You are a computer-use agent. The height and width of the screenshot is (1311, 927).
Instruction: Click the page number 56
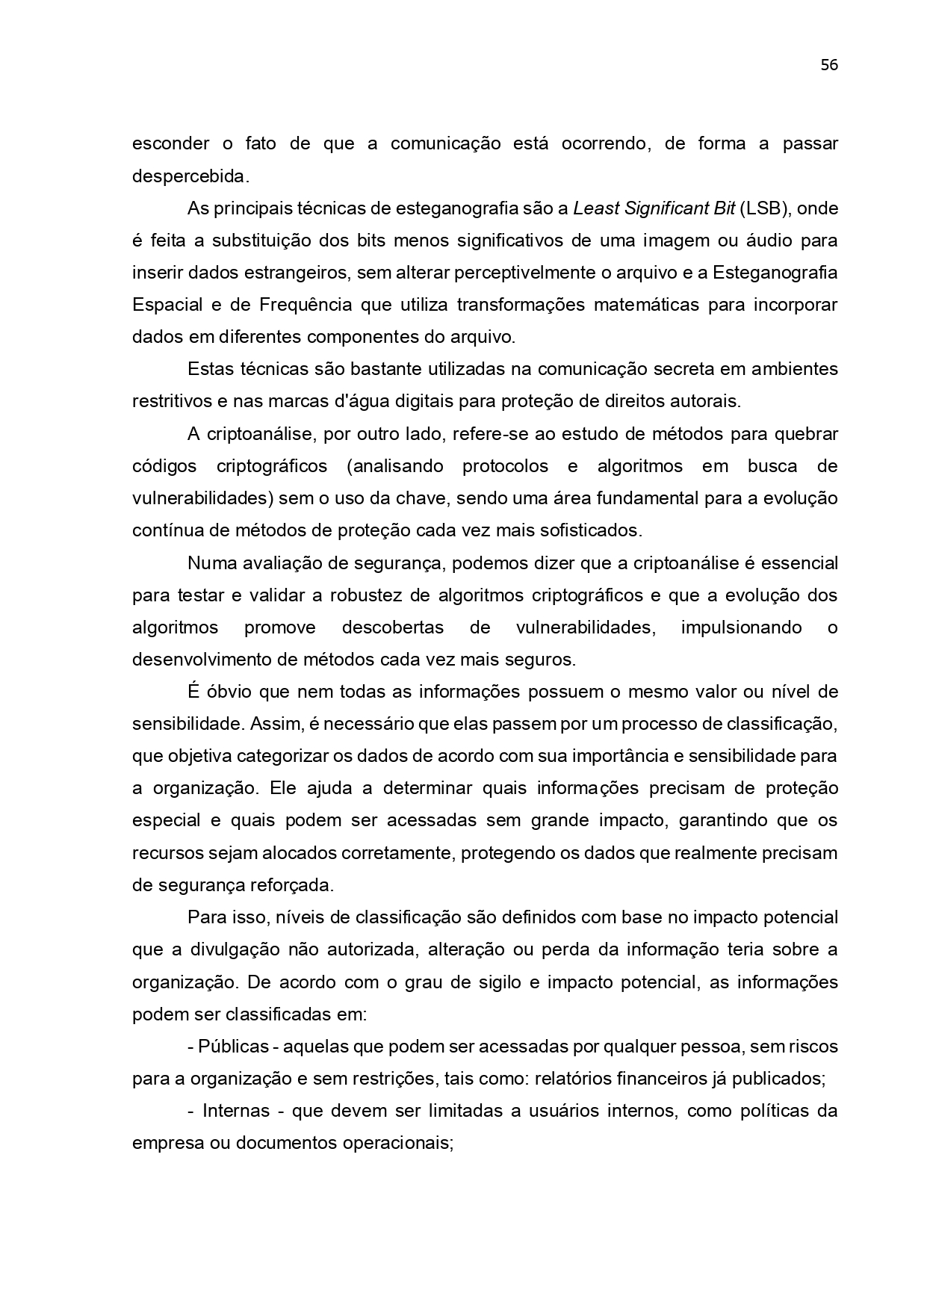point(829,65)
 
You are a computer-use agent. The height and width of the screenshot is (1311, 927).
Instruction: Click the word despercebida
point(188,176)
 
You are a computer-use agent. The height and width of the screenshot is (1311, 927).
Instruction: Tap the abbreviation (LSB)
point(765,208)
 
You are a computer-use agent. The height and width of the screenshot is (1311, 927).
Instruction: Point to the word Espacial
point(167,305)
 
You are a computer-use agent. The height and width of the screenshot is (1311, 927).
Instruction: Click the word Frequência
point(306,305)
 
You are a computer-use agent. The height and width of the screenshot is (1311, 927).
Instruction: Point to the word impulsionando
point(741,627)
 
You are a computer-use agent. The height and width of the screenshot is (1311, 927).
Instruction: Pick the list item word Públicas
point(233,1047)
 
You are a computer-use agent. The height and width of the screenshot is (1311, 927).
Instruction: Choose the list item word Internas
point(236,1111)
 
